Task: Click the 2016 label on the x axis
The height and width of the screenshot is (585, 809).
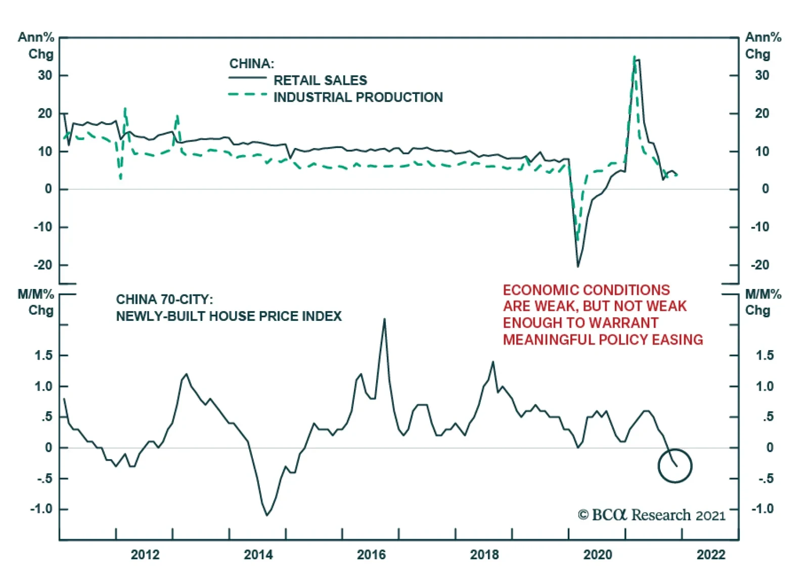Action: (371, 555)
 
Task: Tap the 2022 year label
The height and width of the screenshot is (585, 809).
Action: (710, 555)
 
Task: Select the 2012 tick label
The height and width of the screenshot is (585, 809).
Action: (145, 555)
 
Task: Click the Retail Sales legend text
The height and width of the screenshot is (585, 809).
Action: (320, 80)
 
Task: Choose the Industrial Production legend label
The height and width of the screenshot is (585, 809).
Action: (358, 97)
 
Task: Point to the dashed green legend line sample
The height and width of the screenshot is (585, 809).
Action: (247, 94)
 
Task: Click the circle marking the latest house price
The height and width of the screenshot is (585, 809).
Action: (675, 466)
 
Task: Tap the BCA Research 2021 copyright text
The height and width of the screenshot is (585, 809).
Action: (651, 515)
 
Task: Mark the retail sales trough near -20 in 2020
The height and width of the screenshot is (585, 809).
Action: (577, 266)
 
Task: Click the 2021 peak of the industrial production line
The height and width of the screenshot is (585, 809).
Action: (634, 57)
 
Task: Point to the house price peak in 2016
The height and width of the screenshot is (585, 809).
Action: (384, 319)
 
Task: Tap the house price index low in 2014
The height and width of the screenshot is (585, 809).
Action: (267, 515)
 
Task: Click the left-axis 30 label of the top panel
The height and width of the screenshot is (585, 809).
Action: (45, 75)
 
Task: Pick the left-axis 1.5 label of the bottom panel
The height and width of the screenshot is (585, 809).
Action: (43, 356)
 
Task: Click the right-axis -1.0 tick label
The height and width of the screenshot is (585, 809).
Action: (762, 509)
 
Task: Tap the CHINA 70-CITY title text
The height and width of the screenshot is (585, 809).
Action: (164, 300)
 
